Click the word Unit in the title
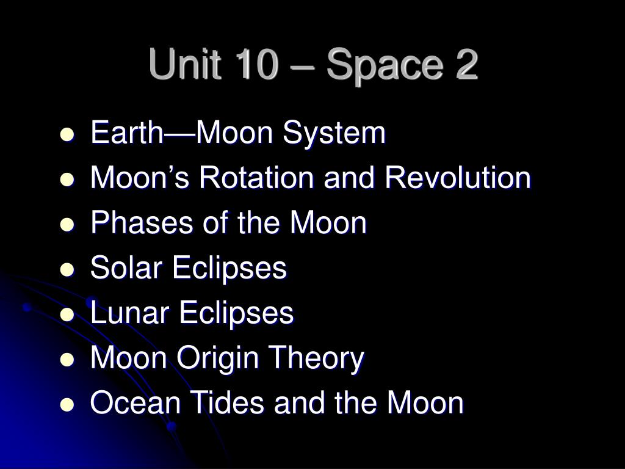[185, 64]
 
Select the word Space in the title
[385, 67]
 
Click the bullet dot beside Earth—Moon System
[67, 134]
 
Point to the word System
[334, 134]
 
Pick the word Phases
[142, 222]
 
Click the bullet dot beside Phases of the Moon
[67, 225]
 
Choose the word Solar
[126, 267]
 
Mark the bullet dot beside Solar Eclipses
[67, 269]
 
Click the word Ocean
[135, 402]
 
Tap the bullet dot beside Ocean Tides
[67, 405]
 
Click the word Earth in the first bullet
[127, 132]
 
